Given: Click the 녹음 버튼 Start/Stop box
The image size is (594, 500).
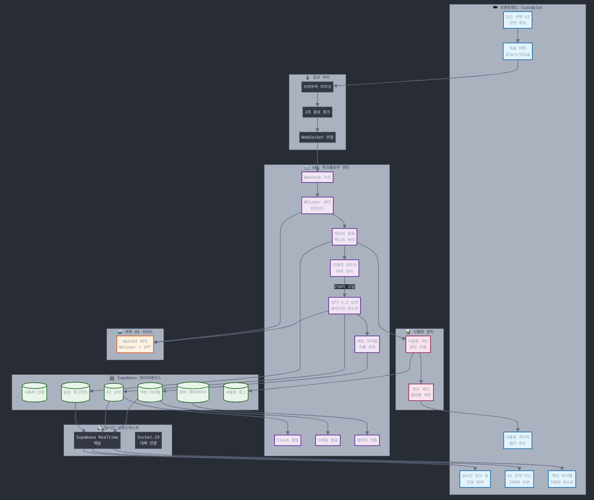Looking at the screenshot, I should (x=517, y=51).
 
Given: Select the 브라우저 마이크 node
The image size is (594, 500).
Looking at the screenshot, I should (x=317, y=87).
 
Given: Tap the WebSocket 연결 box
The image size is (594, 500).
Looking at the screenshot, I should (x=317, y=137).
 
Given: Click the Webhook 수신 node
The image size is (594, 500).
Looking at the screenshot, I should (x=317, y=177).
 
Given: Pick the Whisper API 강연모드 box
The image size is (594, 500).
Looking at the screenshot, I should (x=317, y=205).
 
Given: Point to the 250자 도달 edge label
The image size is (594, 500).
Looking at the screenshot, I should (x=344, y=287).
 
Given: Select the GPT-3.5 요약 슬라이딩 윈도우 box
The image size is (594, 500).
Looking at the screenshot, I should (x=344, y=305).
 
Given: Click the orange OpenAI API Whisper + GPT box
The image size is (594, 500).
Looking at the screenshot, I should (x=135, y=344).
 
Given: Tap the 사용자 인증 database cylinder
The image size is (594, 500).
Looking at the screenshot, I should (x=34, y=392).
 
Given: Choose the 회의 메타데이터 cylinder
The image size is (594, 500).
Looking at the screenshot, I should (x=193, y=392).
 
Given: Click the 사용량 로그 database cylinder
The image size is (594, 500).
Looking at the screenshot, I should (x=236, y=392).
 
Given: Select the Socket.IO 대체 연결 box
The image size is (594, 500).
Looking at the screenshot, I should (x=149, y=440).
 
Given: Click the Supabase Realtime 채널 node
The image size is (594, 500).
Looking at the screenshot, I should (x=97, y=440).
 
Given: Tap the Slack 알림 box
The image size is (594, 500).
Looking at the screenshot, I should (x=288, y=440).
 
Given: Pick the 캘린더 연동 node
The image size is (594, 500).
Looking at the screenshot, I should (x=367, y=440).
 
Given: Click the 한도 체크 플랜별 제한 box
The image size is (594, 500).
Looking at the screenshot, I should (x=421, y=392).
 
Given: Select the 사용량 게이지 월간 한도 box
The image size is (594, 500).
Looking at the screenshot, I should (x=517, y=440).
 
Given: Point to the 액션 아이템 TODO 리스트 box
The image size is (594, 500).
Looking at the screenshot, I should (x=562, y=479).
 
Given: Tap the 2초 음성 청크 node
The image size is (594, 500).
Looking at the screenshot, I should (x=317, y=112).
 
